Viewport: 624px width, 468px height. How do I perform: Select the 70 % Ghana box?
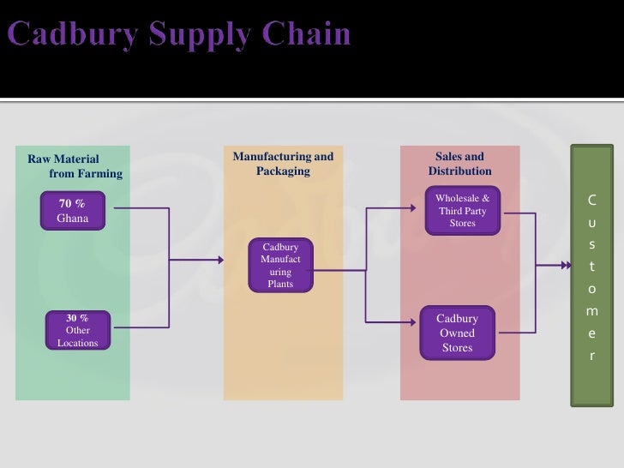(x=72, y=211)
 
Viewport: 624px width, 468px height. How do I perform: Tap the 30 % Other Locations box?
(x=77, y=330)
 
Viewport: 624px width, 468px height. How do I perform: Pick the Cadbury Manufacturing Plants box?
(x=280, y=266)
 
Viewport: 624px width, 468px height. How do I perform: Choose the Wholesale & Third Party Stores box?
(x=462, y=211)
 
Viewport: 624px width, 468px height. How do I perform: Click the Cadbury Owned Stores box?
(x=457, y=333)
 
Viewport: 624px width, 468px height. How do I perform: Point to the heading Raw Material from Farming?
(x=75, y=166)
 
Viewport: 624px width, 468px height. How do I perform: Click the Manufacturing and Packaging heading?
(x=283, y=164)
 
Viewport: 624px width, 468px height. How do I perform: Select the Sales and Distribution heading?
(x=459, y=164)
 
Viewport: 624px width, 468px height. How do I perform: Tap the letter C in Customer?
(x=591, y=201)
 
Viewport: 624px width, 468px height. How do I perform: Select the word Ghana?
(x=72, y=219)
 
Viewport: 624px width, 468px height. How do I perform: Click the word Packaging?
(x=283, y=171)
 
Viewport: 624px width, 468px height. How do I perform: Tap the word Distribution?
(x=459, y=171)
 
